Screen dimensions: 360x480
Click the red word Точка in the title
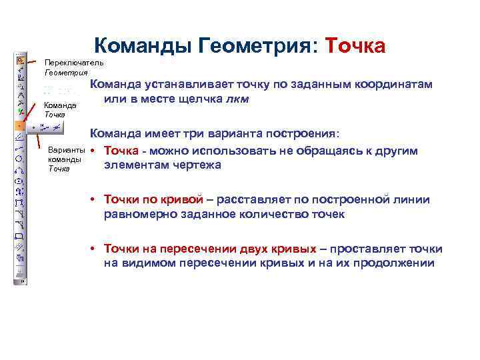[354, 46]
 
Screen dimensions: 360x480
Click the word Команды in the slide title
[141, 46]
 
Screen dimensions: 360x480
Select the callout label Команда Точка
[60, 109]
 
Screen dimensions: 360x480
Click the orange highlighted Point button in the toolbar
[20, 125]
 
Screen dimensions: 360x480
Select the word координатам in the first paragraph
[393, 85]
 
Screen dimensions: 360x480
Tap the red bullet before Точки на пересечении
[95, 249]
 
